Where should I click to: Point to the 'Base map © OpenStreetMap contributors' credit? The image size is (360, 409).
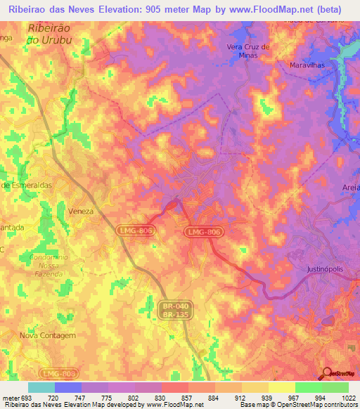(x=298, y=405)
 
